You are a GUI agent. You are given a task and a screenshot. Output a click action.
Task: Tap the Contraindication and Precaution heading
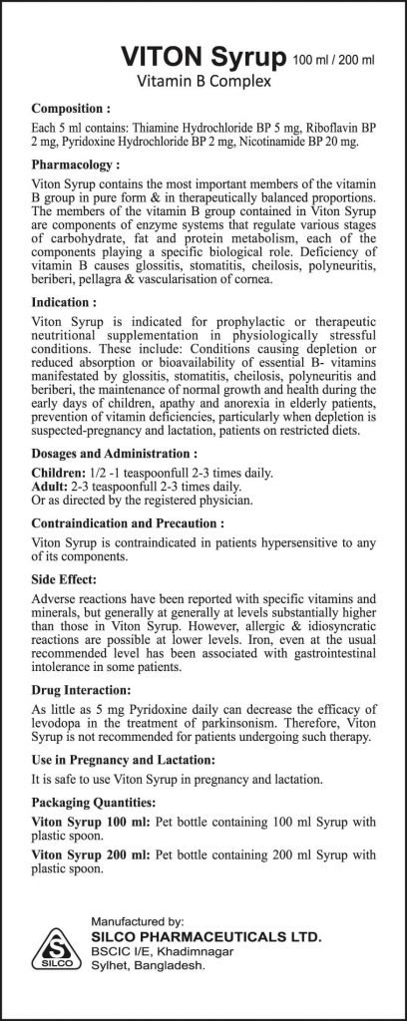[x=133, y=522]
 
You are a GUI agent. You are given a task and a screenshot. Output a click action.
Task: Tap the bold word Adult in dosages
[x=50, y=485]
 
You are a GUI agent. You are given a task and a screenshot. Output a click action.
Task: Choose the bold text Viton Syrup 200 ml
[x=84, y=854]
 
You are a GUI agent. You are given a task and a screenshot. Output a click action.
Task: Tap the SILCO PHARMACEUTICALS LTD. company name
[x=205, y=938]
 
